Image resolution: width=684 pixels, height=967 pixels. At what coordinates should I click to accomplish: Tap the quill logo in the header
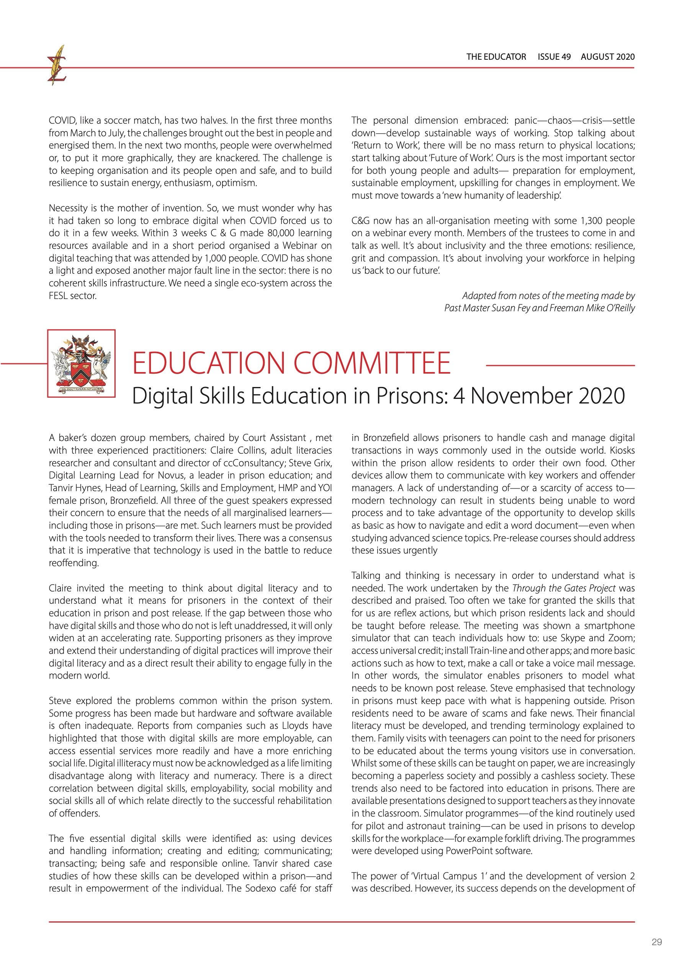tap(57, 66)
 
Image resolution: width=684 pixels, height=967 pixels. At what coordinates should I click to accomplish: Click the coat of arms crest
tap(81, 363)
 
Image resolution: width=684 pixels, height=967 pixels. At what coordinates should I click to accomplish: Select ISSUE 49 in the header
tap(554, 57)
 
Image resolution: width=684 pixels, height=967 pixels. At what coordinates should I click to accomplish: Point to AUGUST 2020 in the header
tap(607, 57)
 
